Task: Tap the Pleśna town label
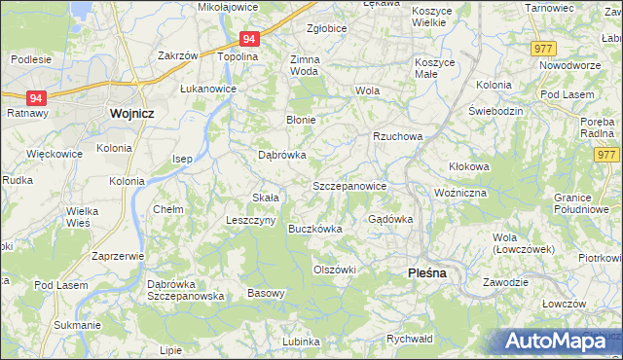pyautogui.click(x=425, y=273)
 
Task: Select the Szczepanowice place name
pyautogui.click(x=349, y=185)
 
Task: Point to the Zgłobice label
pyautogui.click(x=326, y=29)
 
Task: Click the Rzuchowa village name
pyautogui.click(x=397, y=136)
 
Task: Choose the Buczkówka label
pyautogui.click(x=314, y=230)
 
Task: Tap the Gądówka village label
pyautogui.click(x=390, y=219)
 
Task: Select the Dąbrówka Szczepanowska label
pyautogui.click(x=185, y=290)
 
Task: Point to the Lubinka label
pyautogui.click(x=301, y=342)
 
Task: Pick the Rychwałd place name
pyautogui.click(x=409, y=339)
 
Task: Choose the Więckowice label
pyautogui.click(x=54, y=154)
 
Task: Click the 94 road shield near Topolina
pyautogui.click(x=249, y=40)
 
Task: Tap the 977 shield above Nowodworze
pyautogui.click(x=543, y=48)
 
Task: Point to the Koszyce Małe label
pyautogui.click(x=434, y=68)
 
